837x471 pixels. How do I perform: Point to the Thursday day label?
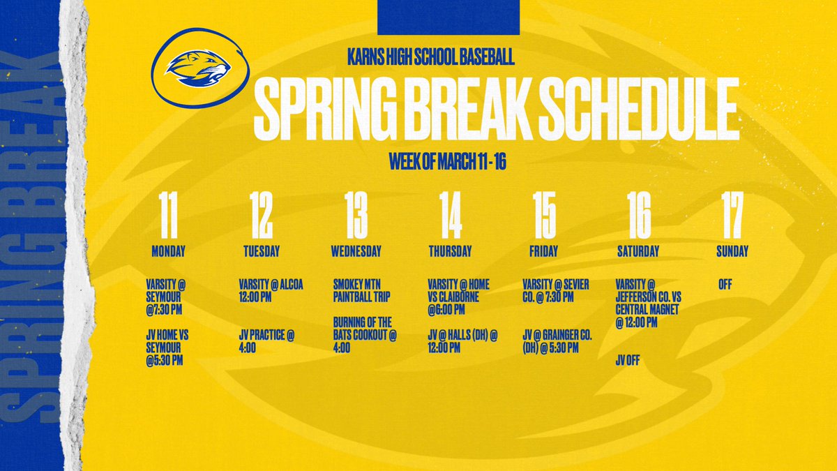click(450, 251)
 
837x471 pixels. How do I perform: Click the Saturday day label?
click(638, 251)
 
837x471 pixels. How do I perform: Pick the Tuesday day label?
click(262, 251)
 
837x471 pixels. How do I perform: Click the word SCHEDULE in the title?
click(610, 110)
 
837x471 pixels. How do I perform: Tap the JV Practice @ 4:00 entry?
click(266, 341)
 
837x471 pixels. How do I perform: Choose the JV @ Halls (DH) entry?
click(462, 341)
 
